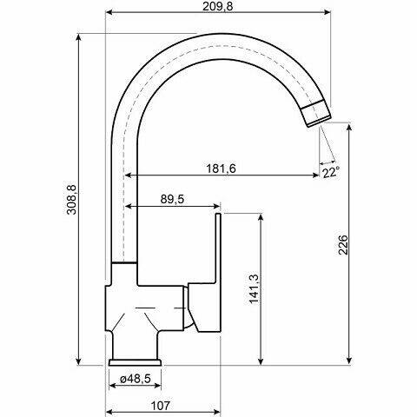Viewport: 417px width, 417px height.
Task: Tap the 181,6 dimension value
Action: [x=222, y=168]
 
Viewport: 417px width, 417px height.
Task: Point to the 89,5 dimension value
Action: [x=173, y=199]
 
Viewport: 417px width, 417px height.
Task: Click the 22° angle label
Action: [x=331, y=172]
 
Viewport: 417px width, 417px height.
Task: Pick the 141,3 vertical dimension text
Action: [x=255, y=288]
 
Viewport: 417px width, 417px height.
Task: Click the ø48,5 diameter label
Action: [x=136, y=380]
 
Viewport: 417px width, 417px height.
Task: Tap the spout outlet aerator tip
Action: [x=317, y=111]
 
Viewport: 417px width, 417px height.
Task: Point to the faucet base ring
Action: [x=136, y=361]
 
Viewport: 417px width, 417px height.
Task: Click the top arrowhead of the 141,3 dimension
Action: [x=261, y=214]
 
